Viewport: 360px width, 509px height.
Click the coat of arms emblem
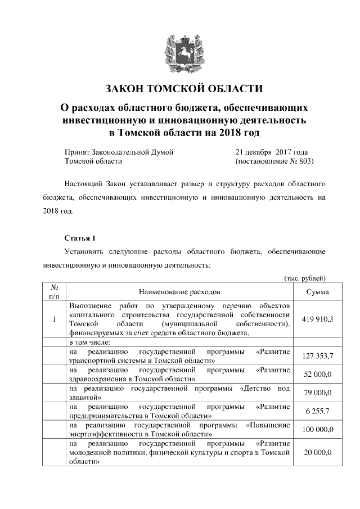click(180, 52)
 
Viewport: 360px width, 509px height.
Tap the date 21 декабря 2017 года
click(272, 152)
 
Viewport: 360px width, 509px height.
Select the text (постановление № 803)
click(273, 161)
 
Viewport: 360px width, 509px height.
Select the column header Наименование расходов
click(180, 292)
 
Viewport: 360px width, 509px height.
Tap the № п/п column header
click(55, 291)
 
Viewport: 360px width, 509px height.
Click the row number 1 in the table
click(54, 319)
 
